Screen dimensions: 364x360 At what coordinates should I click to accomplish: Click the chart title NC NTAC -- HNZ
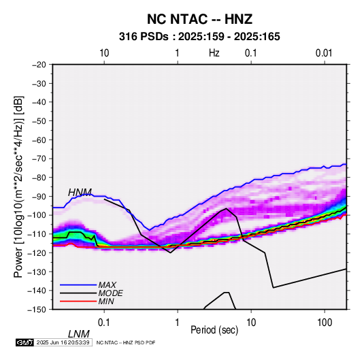click(x=199, y=19)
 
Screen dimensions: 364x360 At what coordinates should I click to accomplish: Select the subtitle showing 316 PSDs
click(x=199, y=37)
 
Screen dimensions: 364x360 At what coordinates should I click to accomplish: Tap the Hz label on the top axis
click(x=214, y=53)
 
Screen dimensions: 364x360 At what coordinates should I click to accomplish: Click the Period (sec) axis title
click(x=214, y=330)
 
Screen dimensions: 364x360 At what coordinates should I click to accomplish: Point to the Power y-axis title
click(x=18, y=187)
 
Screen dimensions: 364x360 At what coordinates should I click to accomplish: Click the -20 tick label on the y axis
click(x=39, y=65)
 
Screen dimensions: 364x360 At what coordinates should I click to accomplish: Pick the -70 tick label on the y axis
click(x=39, y=159)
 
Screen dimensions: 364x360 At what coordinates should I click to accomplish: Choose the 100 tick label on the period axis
click(x=325, y=323)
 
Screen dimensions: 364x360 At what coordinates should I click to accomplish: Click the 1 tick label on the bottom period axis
click(x=178, y=323)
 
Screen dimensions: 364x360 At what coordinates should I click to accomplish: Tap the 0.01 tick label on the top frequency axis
click(x=324, y=53)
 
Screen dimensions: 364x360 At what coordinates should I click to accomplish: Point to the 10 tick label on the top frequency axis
click(x=104, y=53)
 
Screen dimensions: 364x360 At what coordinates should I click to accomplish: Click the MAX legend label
click(x=107, y=285)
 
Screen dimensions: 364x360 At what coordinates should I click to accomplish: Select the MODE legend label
click(x=110, y=293)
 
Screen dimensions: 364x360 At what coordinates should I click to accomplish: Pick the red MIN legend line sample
click(x=78, y=301)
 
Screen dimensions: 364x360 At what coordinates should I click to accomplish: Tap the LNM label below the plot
click(x=79, y=334)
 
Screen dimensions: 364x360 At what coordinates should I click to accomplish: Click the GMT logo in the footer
click(x=25, y=342)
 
